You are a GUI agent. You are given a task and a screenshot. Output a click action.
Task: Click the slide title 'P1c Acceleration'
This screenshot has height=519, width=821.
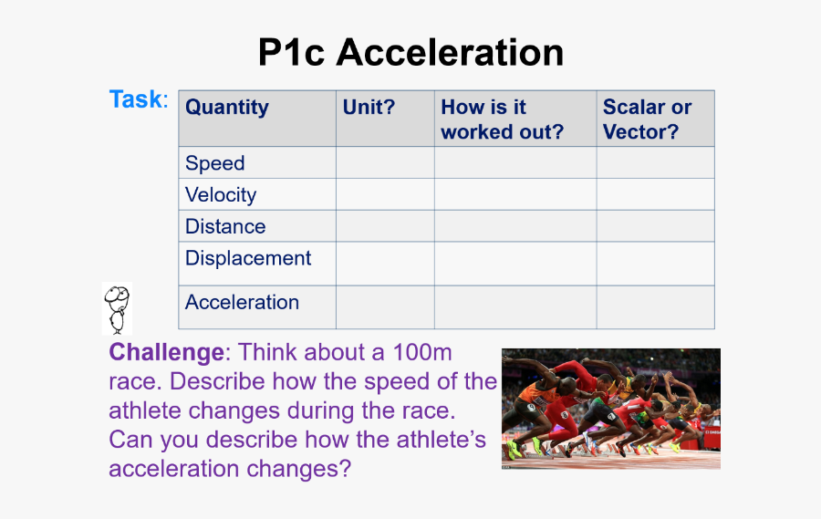(x=411, y=52)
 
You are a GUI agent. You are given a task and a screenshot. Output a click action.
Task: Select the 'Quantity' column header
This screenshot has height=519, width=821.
(x=227, y=107)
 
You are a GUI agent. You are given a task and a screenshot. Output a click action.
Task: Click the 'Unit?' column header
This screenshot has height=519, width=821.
(x=369, y=107)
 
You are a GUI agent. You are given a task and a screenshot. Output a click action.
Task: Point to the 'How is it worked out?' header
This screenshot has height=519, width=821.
(x=502, y=119)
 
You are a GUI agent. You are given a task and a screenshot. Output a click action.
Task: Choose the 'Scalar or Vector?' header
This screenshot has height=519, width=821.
(x=647, y=119)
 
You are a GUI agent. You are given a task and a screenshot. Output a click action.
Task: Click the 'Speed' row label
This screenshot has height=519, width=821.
(x=214, y=163)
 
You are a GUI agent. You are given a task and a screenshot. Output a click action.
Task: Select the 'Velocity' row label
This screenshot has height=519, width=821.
(x=221, y=195)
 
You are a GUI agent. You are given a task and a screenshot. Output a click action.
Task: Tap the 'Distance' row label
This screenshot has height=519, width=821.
(x=225, y=226)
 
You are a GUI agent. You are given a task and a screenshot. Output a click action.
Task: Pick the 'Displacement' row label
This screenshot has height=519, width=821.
(x=248, y=258)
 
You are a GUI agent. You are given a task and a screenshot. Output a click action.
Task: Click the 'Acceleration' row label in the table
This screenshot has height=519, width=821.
(x=242, y=302)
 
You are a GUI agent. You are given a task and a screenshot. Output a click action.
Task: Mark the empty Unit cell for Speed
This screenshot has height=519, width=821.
(x=385, y=162)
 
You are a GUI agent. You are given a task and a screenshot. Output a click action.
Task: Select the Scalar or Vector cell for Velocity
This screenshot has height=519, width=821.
(x=656, y=194)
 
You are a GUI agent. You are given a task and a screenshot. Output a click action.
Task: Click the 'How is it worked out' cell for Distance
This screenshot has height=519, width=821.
(x=515, y=226)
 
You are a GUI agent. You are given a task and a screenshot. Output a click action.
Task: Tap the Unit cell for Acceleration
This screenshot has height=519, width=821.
(x=385, y=307)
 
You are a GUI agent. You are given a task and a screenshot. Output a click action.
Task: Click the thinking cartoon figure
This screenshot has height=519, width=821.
(x=117, y=309)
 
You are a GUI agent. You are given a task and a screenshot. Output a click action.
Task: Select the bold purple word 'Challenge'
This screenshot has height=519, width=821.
(x=167, y=352)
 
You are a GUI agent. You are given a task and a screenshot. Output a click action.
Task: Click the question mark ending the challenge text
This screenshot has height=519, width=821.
(x=345, y=468)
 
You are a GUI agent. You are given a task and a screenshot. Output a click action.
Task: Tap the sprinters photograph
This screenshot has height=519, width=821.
(x=611, y=409)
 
